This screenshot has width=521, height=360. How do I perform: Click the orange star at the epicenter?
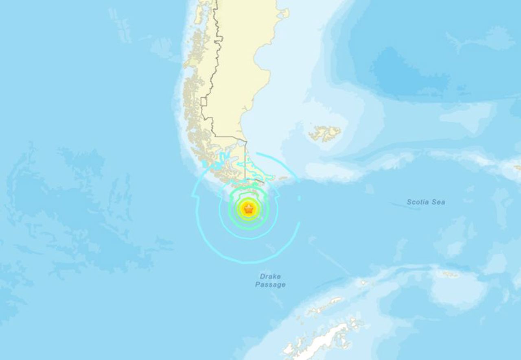pos(248,209)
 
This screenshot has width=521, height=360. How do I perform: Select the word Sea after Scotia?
pos(439,202)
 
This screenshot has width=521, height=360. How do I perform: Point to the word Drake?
pos(270,277)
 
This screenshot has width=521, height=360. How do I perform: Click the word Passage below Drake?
pos(270,285)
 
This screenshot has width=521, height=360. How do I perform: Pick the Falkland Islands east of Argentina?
pos(325,133)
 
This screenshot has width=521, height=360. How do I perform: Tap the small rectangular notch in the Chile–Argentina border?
pos(204,102)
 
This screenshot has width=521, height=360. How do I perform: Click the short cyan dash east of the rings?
pos(299,198)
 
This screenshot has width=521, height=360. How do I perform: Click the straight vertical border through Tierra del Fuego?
pos(245,163)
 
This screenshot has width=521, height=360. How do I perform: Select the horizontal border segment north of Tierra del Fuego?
pos(230,137)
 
